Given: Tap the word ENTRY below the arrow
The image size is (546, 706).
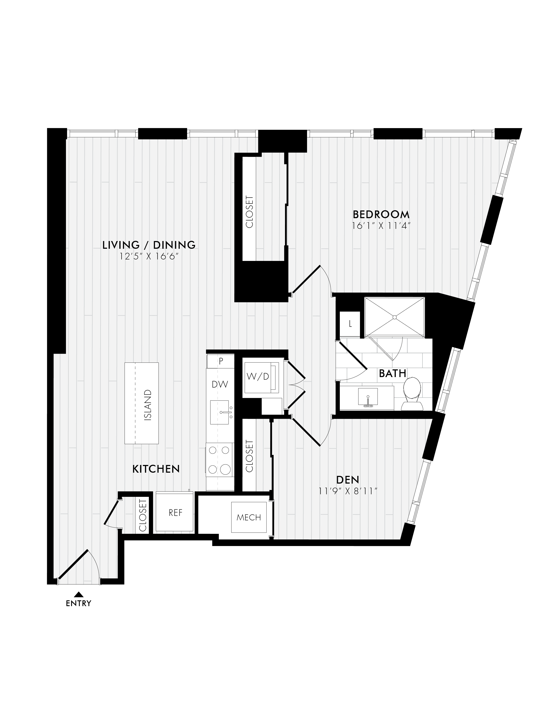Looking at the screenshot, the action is tap(78, 603).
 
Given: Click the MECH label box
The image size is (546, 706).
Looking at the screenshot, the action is tap(249, 517).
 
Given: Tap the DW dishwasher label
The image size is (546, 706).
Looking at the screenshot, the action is tap(220, 384).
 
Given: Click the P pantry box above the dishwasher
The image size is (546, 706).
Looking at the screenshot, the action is tap(220, 361).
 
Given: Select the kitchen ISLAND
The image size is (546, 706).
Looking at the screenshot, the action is tap(142, 403).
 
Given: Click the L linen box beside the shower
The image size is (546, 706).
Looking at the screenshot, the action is tap(350, 324).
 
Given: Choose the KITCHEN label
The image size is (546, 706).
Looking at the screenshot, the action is tap(156, 469).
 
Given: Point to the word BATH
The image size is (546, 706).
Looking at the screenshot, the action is tap(392, 373).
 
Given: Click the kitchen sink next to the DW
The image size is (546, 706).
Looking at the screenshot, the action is tap(222, 412).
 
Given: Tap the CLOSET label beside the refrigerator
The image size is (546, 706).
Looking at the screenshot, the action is tap(143, 515).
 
